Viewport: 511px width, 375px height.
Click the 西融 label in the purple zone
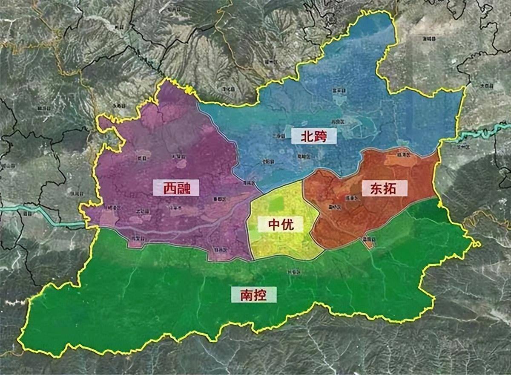pyautogui.click(x=176, y=188)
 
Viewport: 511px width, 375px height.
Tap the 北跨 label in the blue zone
pyautogui.click(x=313, y=136)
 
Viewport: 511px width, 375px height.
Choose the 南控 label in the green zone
pyautogui.click(x=254, y=294)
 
